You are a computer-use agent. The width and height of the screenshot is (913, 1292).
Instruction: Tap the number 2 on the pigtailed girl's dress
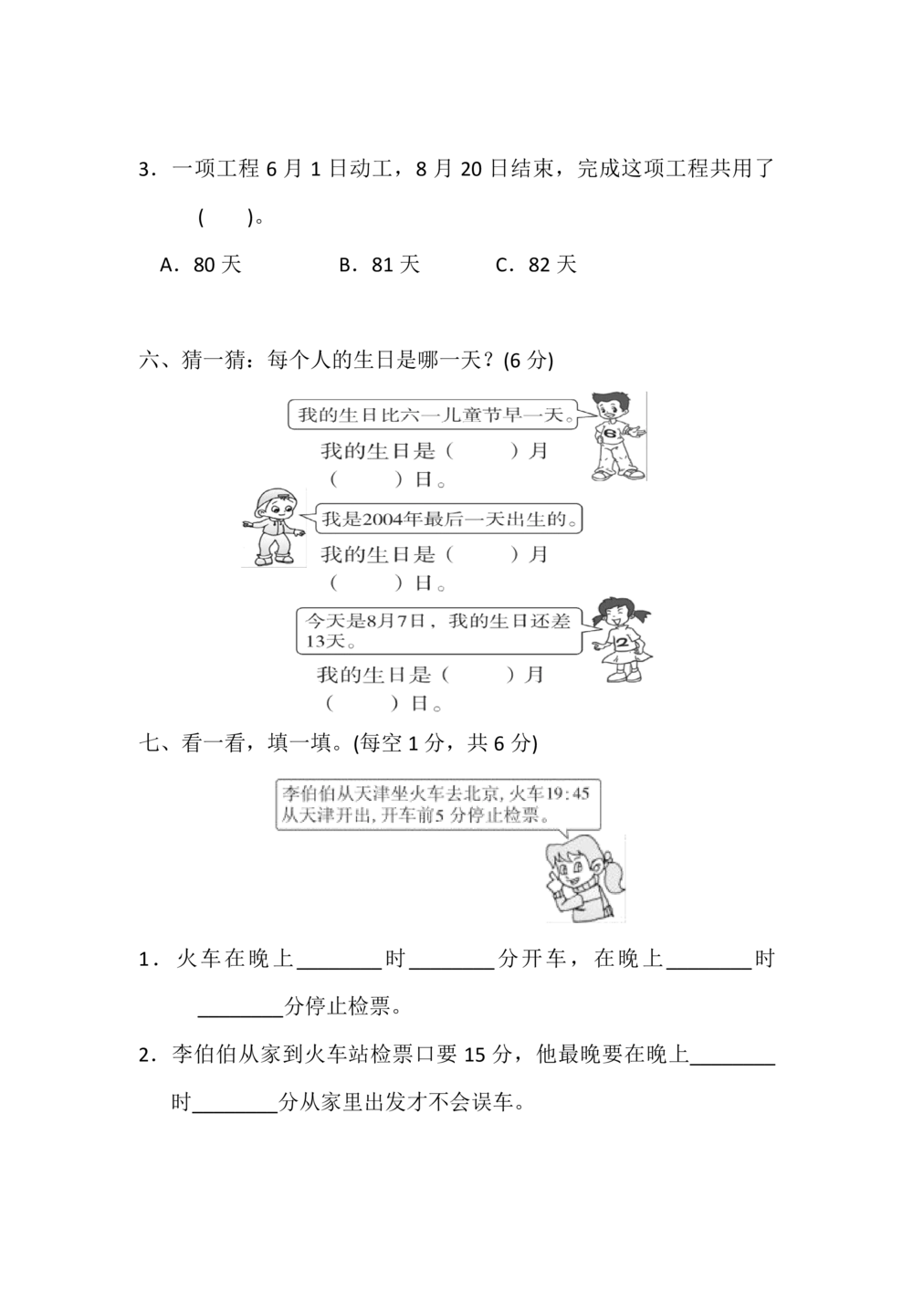[625, 645]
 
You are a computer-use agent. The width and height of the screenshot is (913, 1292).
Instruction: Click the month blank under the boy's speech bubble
[482, 450]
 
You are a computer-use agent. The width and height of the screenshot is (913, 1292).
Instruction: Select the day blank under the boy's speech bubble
[365, 478]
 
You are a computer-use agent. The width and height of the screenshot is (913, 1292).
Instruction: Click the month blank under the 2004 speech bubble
[482, 554]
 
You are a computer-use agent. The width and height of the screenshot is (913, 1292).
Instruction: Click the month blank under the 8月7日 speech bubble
[475, 676]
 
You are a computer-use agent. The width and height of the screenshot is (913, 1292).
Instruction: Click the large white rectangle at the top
[420, 86]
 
